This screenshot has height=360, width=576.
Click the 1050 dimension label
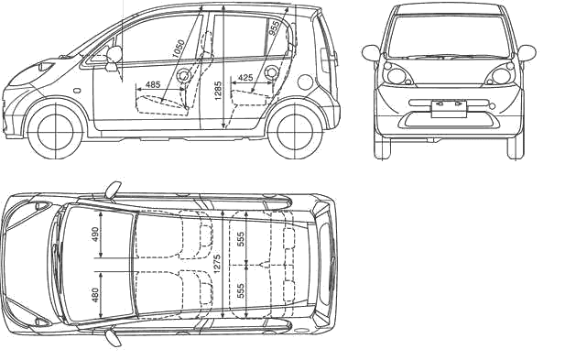179,49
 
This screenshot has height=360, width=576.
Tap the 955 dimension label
275,28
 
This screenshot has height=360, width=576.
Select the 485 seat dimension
153,84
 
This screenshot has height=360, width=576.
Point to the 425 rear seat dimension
245,78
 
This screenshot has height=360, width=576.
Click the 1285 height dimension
218,91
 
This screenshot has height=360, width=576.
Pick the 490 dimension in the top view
95,235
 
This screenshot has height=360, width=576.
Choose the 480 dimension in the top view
95,295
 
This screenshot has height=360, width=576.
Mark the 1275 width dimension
217,264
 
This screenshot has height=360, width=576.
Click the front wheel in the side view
55,131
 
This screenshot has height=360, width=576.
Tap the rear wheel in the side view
296,132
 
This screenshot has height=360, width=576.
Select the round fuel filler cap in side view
305,82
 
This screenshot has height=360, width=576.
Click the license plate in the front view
449,109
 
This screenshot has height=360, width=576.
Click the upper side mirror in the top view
113,190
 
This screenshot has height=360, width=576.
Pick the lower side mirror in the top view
113,338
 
